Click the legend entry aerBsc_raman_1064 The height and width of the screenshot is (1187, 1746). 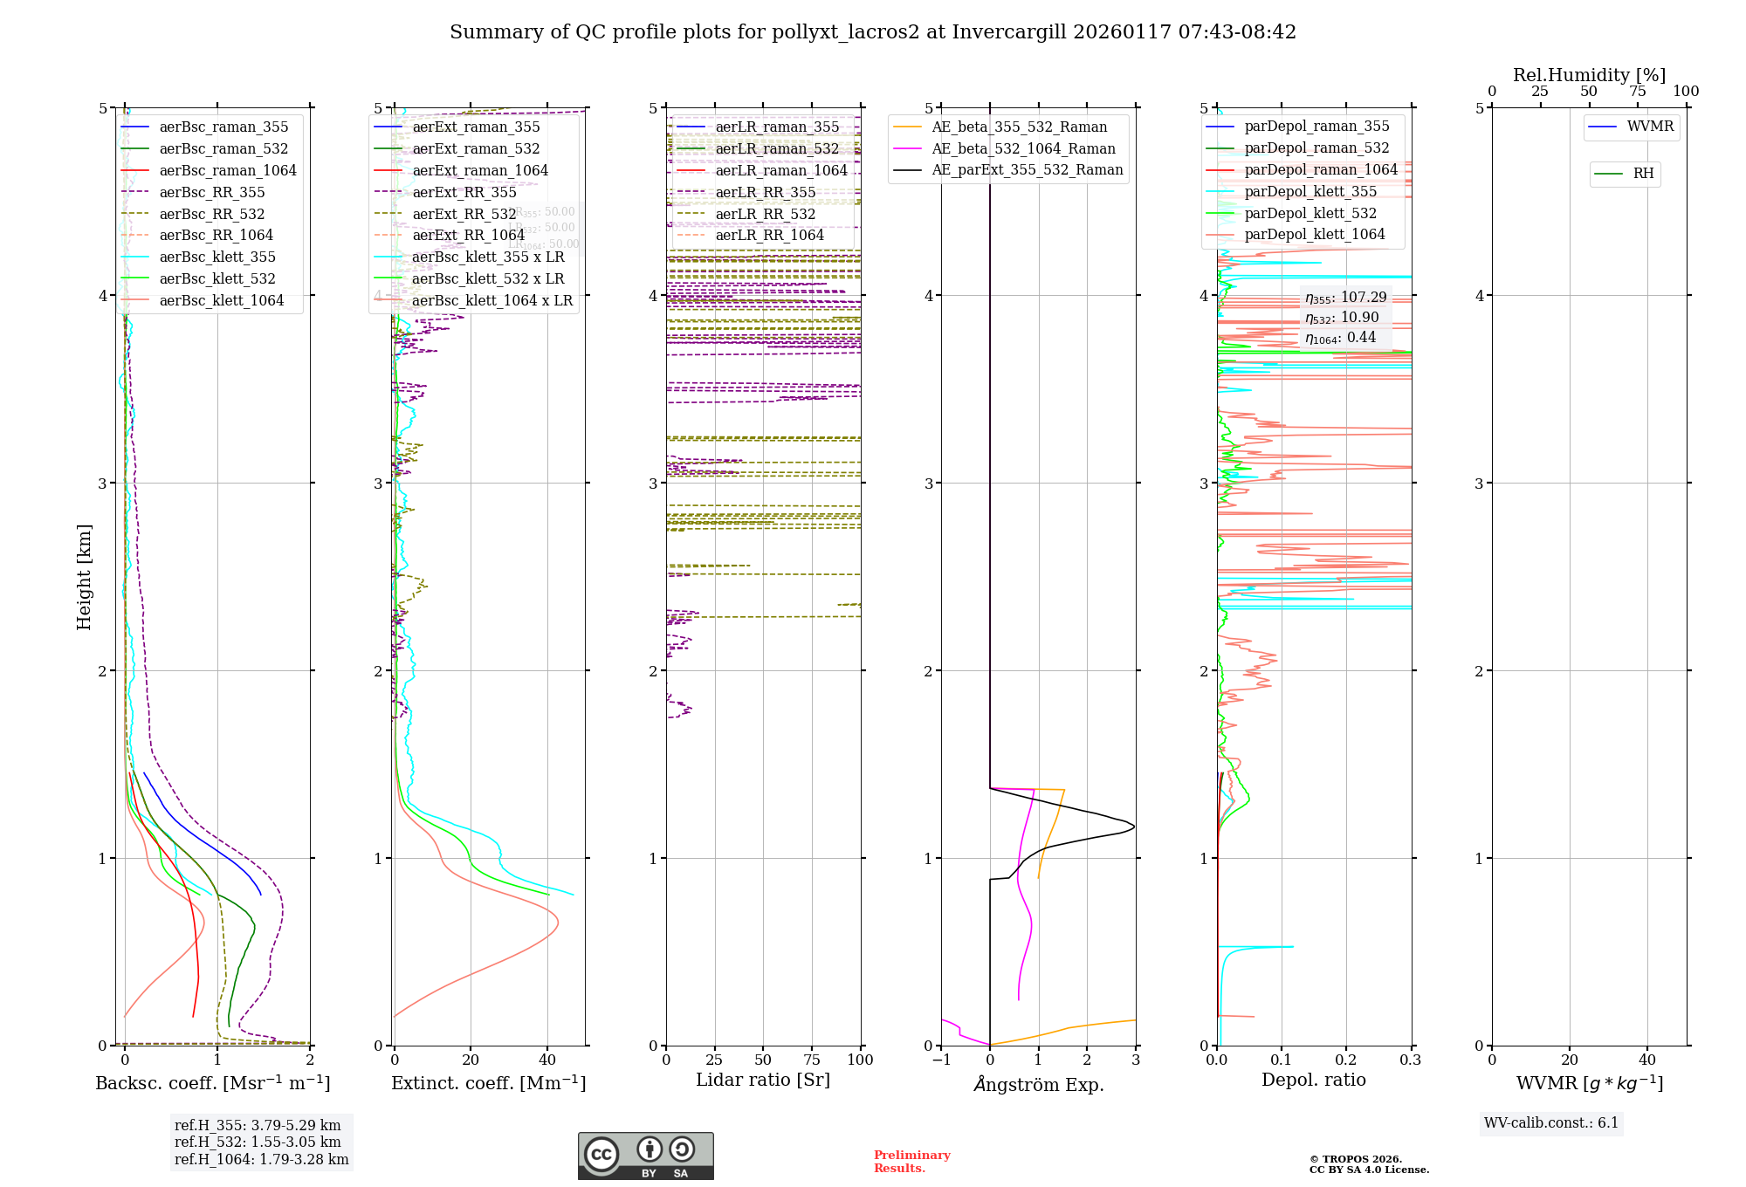[x=227, y=170]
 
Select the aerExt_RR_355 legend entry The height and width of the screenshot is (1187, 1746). [x=464, y=192]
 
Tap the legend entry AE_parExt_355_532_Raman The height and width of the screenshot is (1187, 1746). [x=1027, y=169]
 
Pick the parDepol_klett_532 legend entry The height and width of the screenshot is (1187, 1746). [x=1309, y=213]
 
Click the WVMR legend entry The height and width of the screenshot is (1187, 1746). [x=1649, y=127]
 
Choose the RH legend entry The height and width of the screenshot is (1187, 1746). [x=1642, y=174]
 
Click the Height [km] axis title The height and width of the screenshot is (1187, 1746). [x=84, y=576]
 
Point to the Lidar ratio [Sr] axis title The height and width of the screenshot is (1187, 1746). [x=762, y=1080]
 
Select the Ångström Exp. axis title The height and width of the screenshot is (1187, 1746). [x=1038, y=1084]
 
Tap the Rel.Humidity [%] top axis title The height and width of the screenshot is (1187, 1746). [x=1589, y=75]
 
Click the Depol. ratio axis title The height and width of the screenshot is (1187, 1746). [x=1313, y=1080]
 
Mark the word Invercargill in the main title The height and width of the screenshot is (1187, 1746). [x=1008, y=32]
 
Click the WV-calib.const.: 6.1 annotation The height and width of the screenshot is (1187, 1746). [x=1551, y=1123]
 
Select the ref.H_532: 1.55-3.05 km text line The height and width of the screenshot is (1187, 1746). [x=258, y=1142]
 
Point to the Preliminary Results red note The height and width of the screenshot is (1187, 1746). [x=911, y=1162]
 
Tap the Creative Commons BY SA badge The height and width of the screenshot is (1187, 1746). [x=645, y=1156]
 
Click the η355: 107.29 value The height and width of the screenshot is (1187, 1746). [x=1345, y=298]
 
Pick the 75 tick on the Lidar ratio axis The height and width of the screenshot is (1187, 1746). [x=813, y=1060]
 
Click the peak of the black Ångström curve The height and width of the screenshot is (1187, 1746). [x=1134, y=826]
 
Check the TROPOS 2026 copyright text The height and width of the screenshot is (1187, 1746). [x=1368, y=1164]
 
